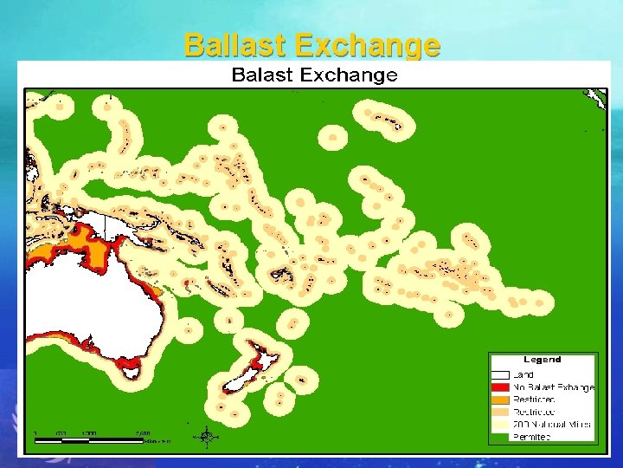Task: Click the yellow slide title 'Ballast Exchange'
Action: pos(312,44)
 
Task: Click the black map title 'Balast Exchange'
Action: pos(314,75)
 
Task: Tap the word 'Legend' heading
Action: pos(542,360)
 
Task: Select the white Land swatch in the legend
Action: pos(500,374)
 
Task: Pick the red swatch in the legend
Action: pos(500,387)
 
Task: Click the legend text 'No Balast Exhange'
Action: pos(554,387)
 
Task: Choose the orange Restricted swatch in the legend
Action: pos(500,400)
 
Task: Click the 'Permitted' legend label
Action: pos(532,438)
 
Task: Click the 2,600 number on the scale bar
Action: pos(142,432)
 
